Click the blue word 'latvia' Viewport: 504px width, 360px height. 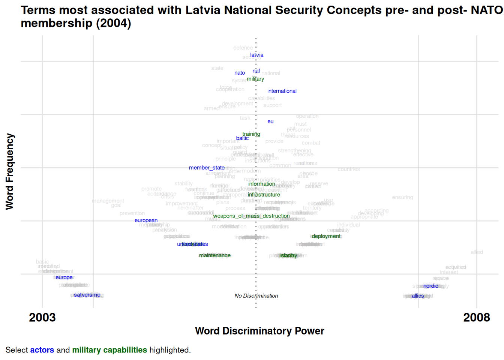pos(257,55)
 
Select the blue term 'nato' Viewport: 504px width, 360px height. pos(240,73)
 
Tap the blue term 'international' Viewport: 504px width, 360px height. pos(282,91)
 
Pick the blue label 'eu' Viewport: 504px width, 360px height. pos(270,121)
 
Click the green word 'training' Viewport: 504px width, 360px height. pos(251,134)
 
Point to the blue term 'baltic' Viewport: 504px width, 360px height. pos(242,138)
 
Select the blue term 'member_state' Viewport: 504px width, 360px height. pos(207,168)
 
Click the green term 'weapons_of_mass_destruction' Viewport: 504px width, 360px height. pos(251,216)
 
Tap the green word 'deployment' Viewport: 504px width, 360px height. pos(326,236)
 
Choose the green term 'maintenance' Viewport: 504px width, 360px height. pos(214,255)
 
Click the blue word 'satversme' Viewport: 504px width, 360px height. pos(87,295)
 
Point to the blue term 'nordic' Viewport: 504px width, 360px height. pos(430,286)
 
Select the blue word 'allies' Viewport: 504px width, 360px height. pos(418,296)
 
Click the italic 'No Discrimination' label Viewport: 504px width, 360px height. pos(256,296)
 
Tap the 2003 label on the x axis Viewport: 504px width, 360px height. pos(42,318)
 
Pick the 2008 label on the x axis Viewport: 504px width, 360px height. pos(476,318)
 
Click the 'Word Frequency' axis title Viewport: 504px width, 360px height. pos(10,171)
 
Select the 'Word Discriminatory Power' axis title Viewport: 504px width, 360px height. pos(259,331)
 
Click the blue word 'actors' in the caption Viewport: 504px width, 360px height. pos(42,350)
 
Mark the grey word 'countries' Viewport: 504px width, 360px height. pos(348,169)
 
